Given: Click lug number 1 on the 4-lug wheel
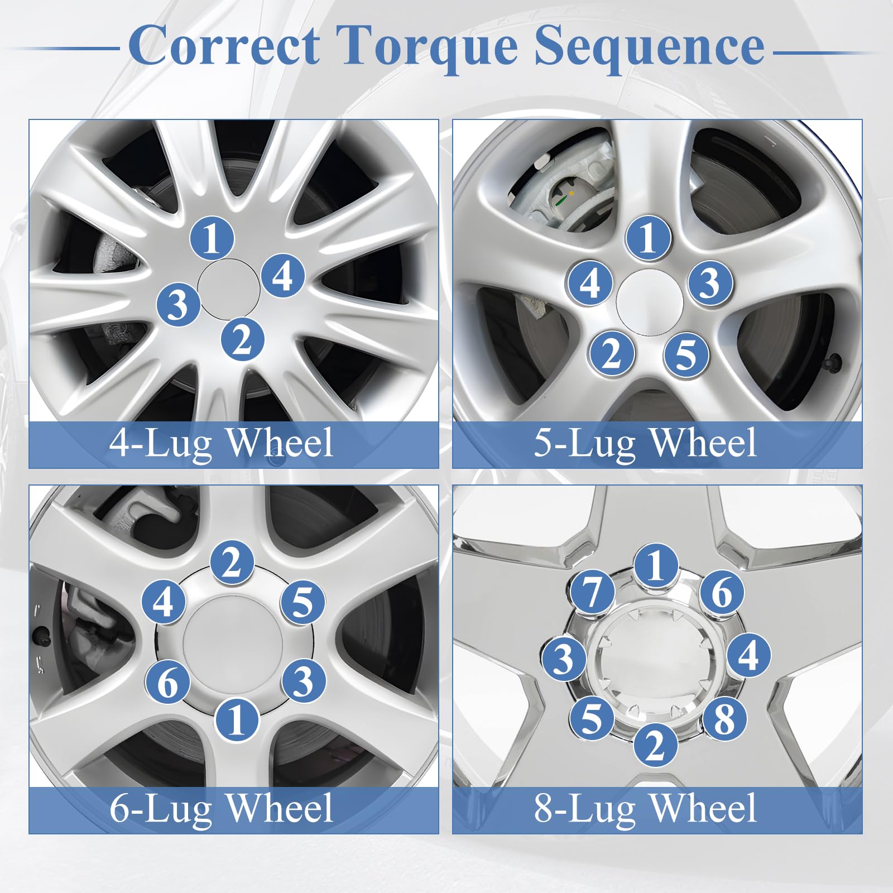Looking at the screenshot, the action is pos(212,238).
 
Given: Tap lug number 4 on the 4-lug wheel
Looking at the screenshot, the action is pos(283,275).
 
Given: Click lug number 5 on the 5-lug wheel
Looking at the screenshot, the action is pos(686,354).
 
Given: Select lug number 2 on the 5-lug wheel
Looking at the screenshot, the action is pos(612,353).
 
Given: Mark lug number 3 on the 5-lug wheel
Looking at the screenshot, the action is pos(710,282).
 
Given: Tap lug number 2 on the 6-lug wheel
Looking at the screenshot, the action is pos(232,563).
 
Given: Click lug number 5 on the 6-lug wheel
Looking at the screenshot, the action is pos(303,602).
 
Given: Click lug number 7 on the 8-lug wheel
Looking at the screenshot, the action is pos(592,592).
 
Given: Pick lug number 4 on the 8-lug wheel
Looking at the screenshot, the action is pos(748,655).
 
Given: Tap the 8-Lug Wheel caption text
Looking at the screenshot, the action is pos(645,808).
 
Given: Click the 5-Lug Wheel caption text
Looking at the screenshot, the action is pos(645,443).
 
